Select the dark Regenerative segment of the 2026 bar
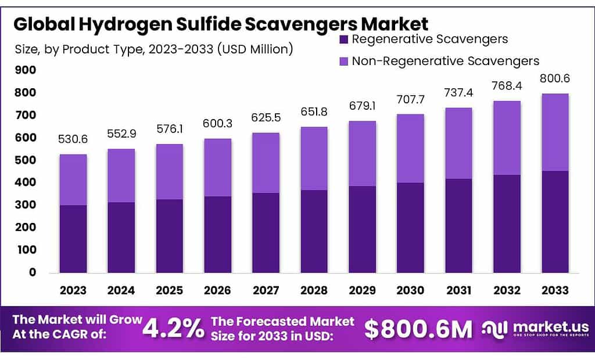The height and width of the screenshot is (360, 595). point(217,234)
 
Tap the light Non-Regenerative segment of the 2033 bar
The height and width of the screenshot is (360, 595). point(555,132)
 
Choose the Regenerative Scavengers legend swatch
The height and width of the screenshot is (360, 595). point(343,40)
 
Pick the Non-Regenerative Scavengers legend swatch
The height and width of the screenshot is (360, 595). point(343,61)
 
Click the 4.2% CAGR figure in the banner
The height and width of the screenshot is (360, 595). point(174,329)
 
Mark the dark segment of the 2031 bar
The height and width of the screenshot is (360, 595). point(458,225)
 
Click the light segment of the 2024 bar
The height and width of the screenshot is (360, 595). point(121,175)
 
